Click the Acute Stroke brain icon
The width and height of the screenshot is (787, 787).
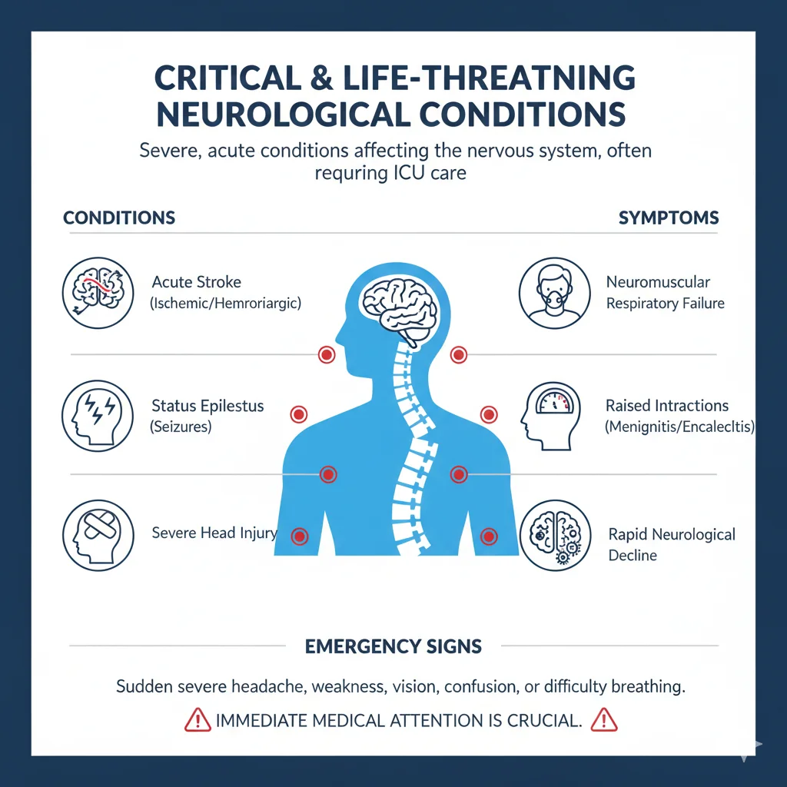[95, 292]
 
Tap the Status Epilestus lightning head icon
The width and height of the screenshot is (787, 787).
[95, 415]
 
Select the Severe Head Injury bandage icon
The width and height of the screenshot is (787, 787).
[95, 535]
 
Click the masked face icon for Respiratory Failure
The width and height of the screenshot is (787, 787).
[555, 292]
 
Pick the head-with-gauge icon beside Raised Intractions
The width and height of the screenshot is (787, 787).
[555, 415]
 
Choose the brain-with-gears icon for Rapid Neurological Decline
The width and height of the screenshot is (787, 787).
[555, 535]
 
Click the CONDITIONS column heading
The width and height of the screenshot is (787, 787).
[119, 218]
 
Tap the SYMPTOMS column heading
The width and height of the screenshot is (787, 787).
[669, 218]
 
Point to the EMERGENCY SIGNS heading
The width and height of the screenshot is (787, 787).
[393, 646]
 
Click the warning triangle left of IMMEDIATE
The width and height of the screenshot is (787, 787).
[198, 720]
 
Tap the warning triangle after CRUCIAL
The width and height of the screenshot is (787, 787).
[605, 720]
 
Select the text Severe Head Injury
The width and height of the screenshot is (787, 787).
[214, 533]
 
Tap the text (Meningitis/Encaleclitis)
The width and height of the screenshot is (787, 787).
[679, 426]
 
